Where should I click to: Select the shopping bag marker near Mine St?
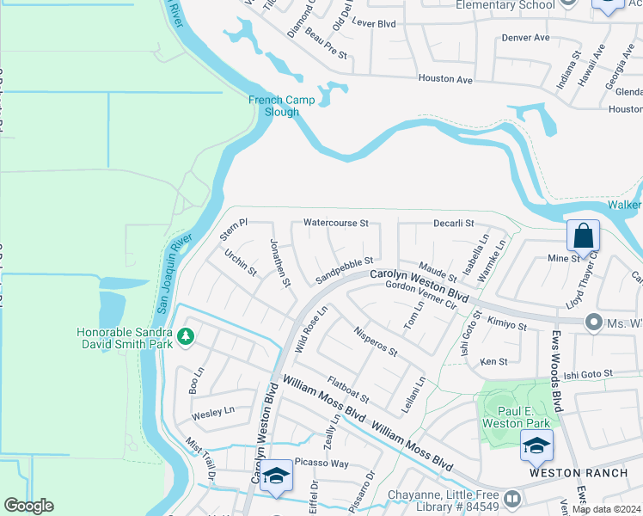(583, 235)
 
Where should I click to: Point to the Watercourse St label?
(335, 224)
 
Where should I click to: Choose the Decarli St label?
(454, 224)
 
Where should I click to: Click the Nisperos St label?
(375, 340)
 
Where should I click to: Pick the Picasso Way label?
(321, 464)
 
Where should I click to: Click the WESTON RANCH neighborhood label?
(562, 474)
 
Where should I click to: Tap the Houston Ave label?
(445, 79)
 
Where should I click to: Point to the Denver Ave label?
(525, 38)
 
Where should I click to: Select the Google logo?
(28, 506)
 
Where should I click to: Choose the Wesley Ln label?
(212, 412)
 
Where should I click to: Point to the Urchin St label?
(241, 262)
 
